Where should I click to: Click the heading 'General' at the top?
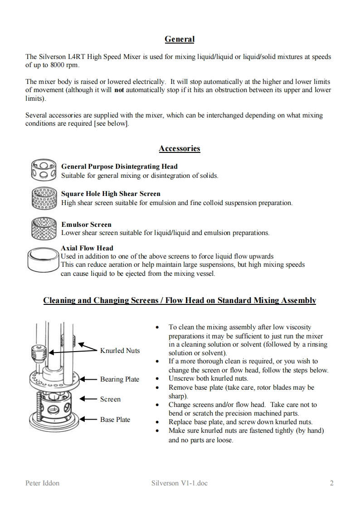pyautogui.click(x=180, y=39)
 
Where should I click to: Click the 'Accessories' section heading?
pyautogui.click(x=180, y=148)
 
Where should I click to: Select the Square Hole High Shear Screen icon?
pyautogui.click(x=44, y=198)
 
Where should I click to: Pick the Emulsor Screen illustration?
pyautogui.click(x=44, y=228)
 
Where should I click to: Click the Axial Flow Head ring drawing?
pyautogui.click(x=43, y=259)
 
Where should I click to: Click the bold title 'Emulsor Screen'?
pyautogui.click(x=86, y=225)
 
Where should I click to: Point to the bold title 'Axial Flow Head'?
pyautogui.click(x=87, y=248)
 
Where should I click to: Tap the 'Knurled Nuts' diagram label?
pyautogui.click(x=120, y=351)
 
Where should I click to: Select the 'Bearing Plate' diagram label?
pyautogui.click(x=120, y=379)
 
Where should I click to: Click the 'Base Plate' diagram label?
pyautogui.click(x=115, y=420)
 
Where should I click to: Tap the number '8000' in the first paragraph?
pyautogui.click(x=50, y=65)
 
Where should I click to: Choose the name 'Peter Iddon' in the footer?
pyautogui.click(x=42, y=483)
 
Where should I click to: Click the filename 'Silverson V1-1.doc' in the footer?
pyautogui.click(x=180, y=483)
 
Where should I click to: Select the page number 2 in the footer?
pyautogui.click(x=332, y=483)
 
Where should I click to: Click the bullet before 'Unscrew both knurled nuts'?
pyautogui.click(x=157, y=378)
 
